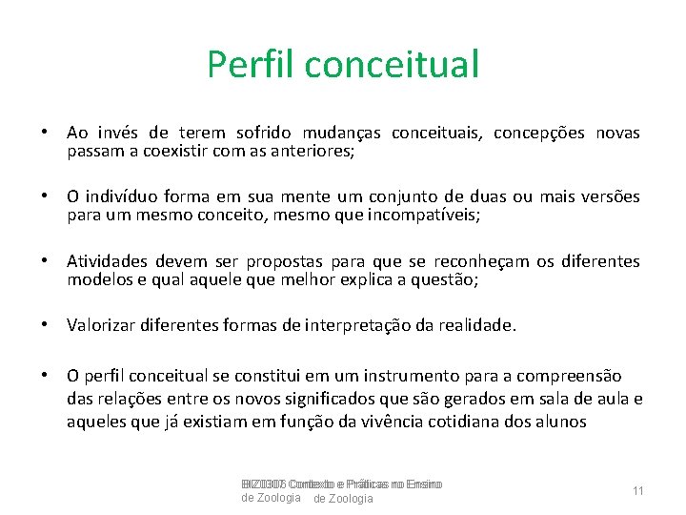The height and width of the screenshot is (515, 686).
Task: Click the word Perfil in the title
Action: coord(251,65)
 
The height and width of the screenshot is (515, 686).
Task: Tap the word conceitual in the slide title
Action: coord(393,65)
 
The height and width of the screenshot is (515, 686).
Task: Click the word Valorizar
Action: coord(103,325)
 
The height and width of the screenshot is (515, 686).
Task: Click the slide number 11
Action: coord(638,490)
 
